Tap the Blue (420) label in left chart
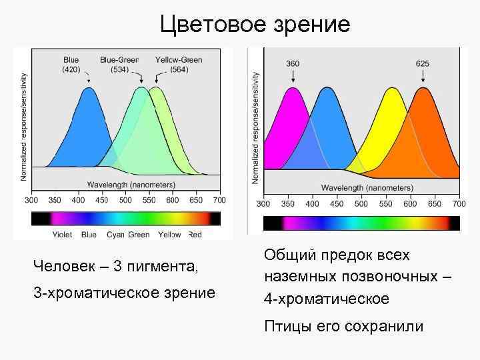(71, 65)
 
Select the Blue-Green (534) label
(119, 65)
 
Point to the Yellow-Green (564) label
(179, 65)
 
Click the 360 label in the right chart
(293, 64)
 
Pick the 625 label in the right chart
(422, 64)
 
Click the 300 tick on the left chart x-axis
(32, 200)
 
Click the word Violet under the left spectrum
(63, 235)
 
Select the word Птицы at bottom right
(284, 326)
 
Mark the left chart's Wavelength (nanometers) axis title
(131, 185)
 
